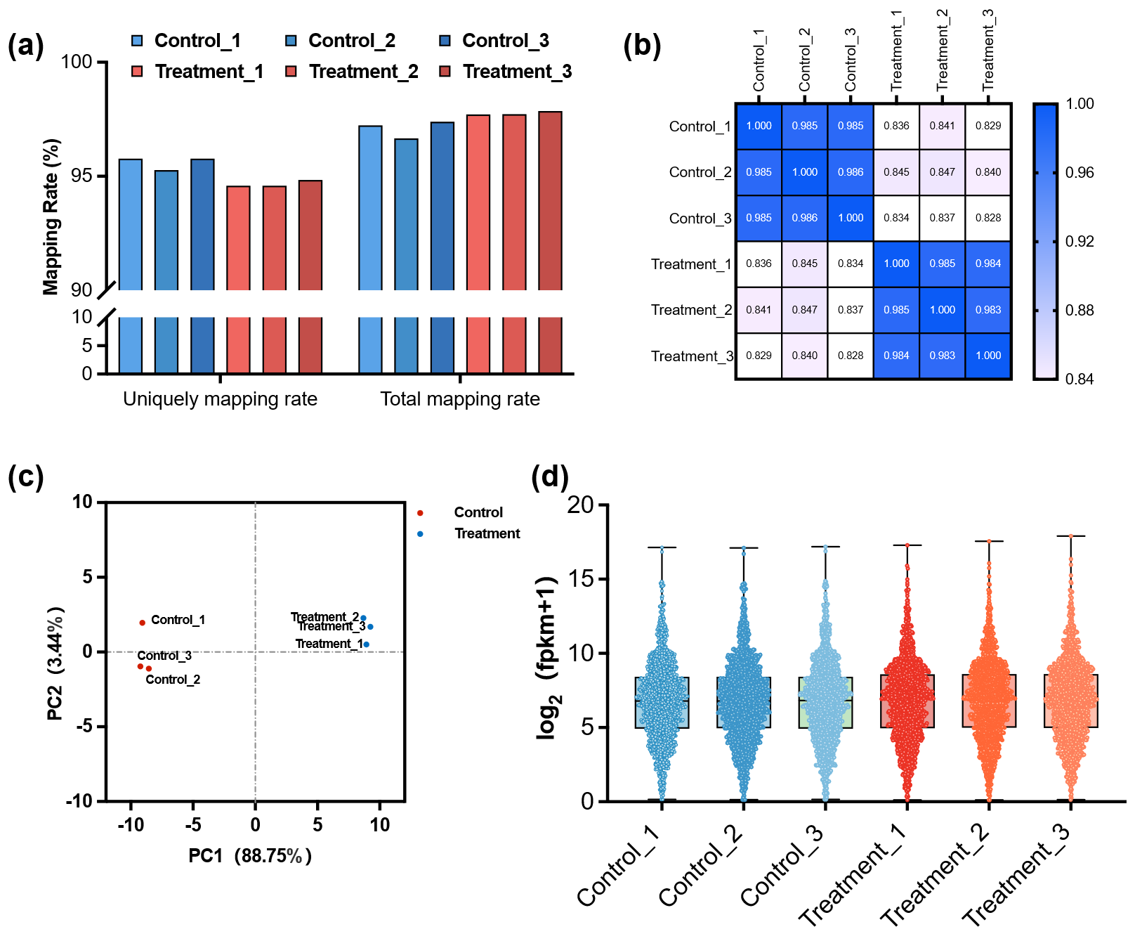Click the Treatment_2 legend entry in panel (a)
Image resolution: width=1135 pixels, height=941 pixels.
point(362,72)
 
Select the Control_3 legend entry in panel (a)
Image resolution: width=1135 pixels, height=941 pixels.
point(504,41)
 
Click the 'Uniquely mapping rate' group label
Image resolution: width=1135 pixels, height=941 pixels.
point(220,399)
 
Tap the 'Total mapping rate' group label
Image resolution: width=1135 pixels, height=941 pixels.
point(460,399)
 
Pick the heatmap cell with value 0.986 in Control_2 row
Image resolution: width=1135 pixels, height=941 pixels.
point(851,172)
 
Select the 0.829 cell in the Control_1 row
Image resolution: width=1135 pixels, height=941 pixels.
point(988,126)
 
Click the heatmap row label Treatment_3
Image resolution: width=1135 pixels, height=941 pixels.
point(692,356)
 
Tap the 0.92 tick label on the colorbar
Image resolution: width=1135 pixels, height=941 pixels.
point(1080,242)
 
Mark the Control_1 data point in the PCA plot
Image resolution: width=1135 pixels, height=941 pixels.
point(143,623)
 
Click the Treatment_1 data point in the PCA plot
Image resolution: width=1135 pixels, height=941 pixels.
point(367,644)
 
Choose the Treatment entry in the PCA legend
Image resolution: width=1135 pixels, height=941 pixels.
point(487,533)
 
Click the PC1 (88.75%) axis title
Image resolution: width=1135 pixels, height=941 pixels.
point(250,856)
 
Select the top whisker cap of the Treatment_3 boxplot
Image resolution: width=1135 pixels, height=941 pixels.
point(1071,536)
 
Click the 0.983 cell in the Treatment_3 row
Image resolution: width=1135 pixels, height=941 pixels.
point(943,356)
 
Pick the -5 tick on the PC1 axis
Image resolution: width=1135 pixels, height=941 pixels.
point(192,825)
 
